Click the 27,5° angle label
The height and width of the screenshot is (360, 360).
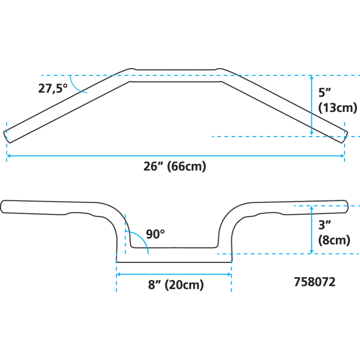coord(53,88)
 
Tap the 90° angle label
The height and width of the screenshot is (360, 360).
coord(155,234)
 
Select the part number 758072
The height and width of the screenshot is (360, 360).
coord(315,282)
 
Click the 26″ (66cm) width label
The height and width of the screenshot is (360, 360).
coord(174,166)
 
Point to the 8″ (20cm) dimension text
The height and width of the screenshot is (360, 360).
coord(176,285)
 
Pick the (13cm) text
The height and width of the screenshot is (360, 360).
coord(338,108)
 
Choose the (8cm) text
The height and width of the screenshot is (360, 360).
coord(334,240)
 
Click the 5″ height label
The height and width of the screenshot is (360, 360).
coord(324,92)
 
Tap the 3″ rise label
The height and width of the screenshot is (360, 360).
coord(324,225)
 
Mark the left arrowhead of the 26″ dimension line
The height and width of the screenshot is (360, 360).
coord(9,156)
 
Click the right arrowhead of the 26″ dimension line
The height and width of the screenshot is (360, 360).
coord(342,156)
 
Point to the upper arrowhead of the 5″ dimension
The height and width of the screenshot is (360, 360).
coord(312,77)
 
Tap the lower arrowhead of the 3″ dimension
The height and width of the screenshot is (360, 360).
coord(312,252)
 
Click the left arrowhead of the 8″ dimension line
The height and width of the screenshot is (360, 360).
coord(119,275)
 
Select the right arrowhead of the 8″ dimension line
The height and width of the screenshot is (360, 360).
coord(229,275)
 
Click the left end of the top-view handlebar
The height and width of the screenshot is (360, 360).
coord(6,137)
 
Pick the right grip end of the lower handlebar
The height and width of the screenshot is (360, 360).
coord(346,207)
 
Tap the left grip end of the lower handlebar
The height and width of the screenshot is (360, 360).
coord(2,207)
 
